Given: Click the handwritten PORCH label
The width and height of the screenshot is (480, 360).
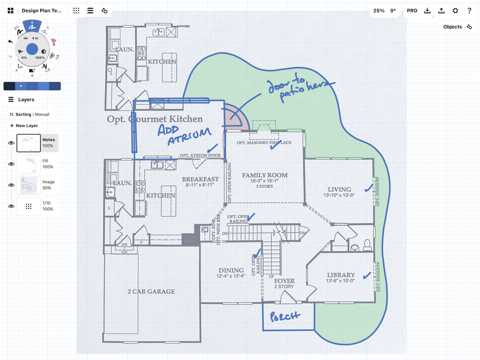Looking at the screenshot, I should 285,316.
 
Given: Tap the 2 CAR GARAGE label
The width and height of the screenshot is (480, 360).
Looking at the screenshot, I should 151,291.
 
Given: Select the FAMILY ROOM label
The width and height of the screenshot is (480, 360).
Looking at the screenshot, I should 265,175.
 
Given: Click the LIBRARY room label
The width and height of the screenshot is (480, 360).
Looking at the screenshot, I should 341,275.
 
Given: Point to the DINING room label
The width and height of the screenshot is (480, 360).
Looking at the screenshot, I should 231,270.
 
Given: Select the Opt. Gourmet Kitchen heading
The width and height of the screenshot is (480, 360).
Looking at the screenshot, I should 155,119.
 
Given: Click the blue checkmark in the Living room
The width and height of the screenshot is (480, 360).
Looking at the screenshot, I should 368,186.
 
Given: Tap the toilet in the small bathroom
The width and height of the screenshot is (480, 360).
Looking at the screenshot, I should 367,244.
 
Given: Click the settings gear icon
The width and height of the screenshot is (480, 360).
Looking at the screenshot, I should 455,11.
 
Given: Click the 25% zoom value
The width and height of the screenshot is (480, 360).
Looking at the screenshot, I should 379,11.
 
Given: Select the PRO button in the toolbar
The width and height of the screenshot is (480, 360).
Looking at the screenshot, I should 412,11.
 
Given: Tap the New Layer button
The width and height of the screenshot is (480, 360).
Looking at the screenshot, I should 24,126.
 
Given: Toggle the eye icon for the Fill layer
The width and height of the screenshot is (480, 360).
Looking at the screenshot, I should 11,164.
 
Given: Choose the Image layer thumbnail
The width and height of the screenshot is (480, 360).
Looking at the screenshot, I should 29,185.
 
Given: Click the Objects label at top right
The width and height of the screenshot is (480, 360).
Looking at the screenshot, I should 452,27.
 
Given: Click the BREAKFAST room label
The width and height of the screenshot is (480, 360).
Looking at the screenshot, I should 200,179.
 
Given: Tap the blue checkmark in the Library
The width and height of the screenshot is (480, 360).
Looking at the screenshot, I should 367,275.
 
